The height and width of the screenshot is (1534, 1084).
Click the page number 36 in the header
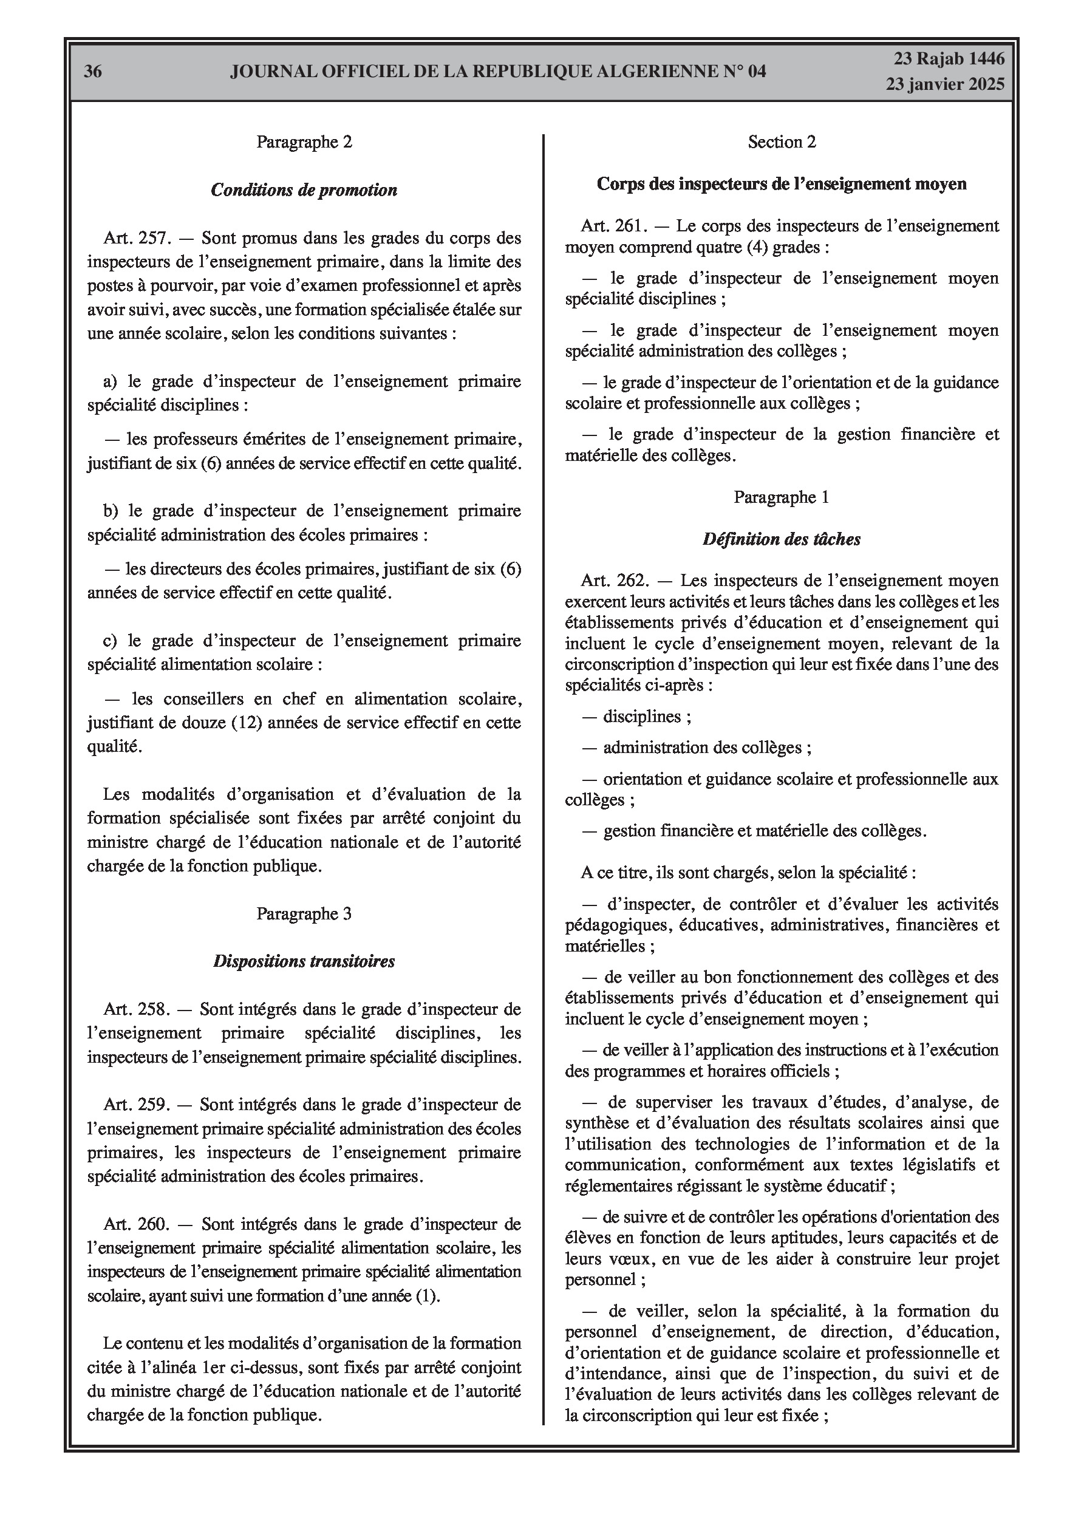(x=93, y=72)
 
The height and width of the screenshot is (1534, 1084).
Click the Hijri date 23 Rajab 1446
(x=949, y=59)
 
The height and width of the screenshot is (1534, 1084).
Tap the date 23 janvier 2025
(x=945, y=84)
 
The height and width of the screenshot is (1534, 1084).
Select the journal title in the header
(x=498, y=72)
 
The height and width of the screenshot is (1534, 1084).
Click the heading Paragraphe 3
(x=304, y=914)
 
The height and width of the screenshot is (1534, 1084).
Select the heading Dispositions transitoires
(x=304, y=961)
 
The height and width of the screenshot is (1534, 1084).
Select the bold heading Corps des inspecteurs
(x=781, y=184)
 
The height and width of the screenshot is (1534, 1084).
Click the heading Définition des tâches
(x=781, y=539)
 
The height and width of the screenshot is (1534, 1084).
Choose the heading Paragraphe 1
(x=781, y=497)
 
